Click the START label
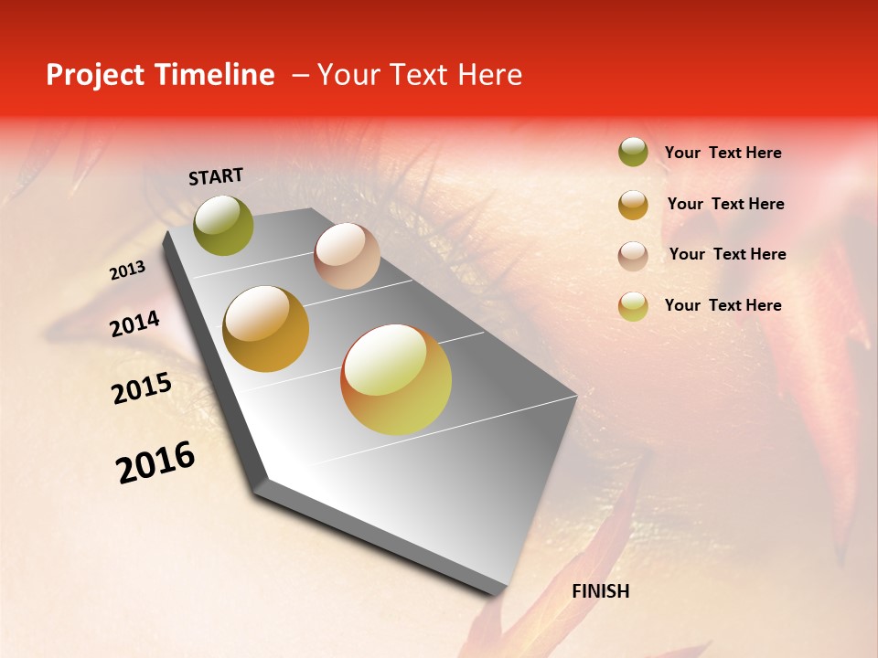pos(216,176)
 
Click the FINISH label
pos(601,591)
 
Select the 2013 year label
pos(128,271)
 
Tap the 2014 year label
pos(135,324)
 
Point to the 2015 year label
pos(142,388)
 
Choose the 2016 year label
pos(156,462)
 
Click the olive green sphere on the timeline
pos(224,226)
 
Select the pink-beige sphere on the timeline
pos(347,256)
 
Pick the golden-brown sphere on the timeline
pos(266,329)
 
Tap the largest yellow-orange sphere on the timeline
pos(396,379)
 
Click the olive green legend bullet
pos(633,153)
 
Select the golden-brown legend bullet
pos(633,205)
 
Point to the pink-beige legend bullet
pos(633,256)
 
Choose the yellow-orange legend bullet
pos(633,306)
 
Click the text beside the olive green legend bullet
pos(723,154)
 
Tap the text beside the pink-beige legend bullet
pos(727,254)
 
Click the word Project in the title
pos(95,75)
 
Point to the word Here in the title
pos(489,75)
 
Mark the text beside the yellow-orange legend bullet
pos(723,305)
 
